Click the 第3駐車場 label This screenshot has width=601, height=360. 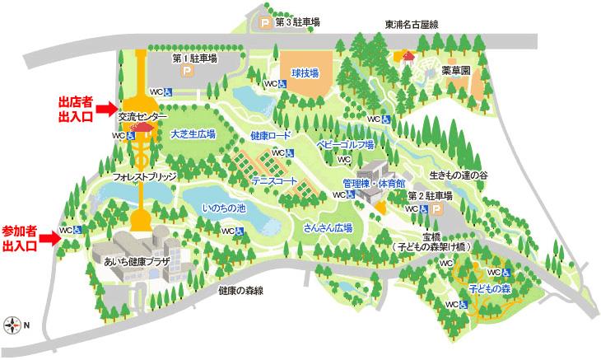(296, 22)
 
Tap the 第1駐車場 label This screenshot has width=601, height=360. (194, 58)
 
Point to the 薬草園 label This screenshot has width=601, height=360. (454, 71)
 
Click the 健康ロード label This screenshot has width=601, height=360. (271, 135)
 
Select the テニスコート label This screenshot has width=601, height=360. (275, 178)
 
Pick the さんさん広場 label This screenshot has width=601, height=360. (328, 227)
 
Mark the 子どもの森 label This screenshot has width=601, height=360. (491, 290)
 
